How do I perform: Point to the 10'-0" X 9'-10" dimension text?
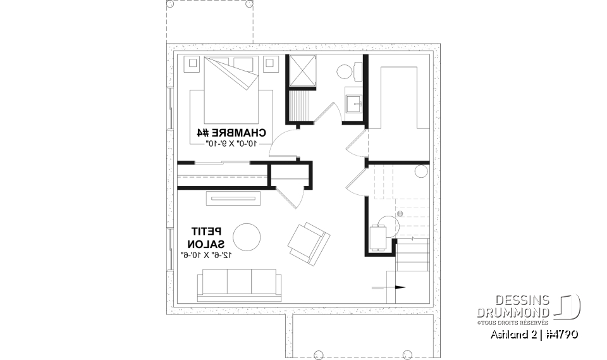[x=231, y=144]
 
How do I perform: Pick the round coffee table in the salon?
[x=247, y=237]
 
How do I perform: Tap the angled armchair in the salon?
[x=309, y=242]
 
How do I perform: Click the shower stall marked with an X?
[x=302, y=70]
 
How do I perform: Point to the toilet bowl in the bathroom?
[x=345, y=71]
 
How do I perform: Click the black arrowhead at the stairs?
[x=400, y=287]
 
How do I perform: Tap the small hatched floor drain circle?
[x=400, y=214]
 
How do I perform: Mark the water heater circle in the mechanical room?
[x=421, y=171]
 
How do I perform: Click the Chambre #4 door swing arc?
[x=281, y=142]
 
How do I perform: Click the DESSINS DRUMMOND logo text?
[x=513, y=307]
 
